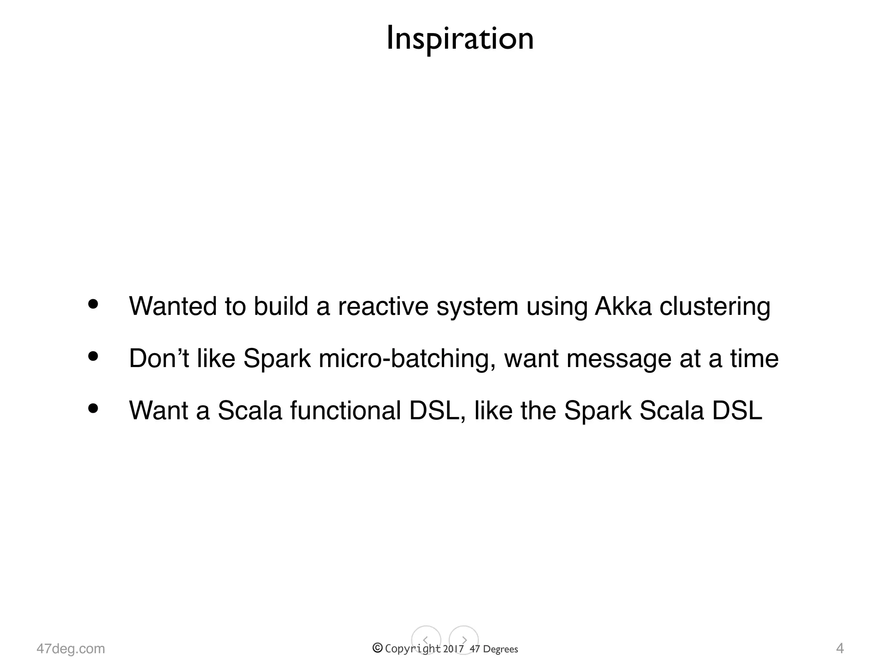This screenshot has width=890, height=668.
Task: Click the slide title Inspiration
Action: pyautogui.click(x=460, y=38)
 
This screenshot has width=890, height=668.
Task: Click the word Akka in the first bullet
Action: pyautogui.click(x=623, y=306)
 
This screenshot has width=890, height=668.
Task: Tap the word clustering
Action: pyautogui.click(x=715, y=307)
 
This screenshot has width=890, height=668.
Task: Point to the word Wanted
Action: pyautogui.click(x=173, y=306)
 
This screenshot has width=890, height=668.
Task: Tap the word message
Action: pyautogui.click(x=619, y=359)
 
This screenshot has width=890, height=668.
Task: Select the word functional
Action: pyautogui.click(x=345, y=411)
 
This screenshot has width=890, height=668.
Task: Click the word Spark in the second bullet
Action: pyautogui.click(x=277, y=359)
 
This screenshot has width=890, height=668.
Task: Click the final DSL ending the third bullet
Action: pyautogui.click(x=737, y=411)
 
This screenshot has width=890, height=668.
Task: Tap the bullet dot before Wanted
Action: pyautogui.click(x=93, y=304)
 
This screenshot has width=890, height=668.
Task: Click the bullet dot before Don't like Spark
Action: pyautogui.click(x=93, y=357)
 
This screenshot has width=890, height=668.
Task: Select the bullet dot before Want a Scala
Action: pyautogui.click(x=93, y=409)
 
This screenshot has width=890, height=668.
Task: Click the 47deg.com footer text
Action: pyautogui.click(x=71, y=648)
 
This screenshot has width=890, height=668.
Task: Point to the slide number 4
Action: pyautogui.click(x=840, y=648)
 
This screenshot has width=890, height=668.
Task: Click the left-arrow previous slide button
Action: pyautogui.click(x=426, y=640)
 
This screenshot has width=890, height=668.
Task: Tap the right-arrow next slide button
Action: pyautogui.click(x=464, y=640)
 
